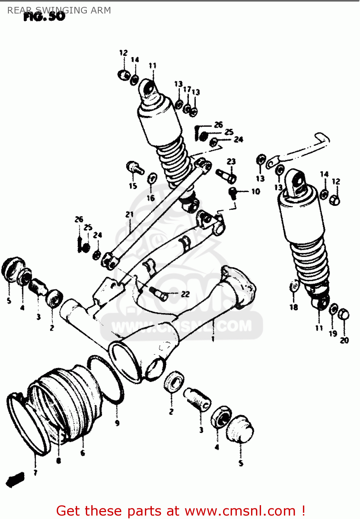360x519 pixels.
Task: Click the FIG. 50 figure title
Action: click(x=44, y=16)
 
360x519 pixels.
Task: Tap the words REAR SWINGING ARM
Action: click(x=59, y=10)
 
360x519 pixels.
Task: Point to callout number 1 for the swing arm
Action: click(x=213, y=339)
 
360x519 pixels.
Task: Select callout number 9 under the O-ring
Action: click(x=117, y=423)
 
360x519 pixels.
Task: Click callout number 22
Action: click(x=185, y=294)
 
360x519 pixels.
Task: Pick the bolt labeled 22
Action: click(x=159, y=293)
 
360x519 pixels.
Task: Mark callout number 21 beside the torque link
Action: click(x=129, y=215)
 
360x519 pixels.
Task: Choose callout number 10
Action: click(x=256, y=191)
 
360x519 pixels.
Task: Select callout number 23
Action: click(x=231, y=162)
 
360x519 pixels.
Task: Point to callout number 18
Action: click(x=294, y=307)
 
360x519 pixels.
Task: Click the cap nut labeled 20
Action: click(x=344, y=315)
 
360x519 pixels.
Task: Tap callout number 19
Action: click(x=333, y=334)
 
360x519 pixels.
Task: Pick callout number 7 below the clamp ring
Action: click(x=35, y=473)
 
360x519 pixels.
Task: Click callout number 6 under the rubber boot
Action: click(x=83, y=453)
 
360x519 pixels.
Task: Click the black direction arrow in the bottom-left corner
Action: click(x=15, y=480)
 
